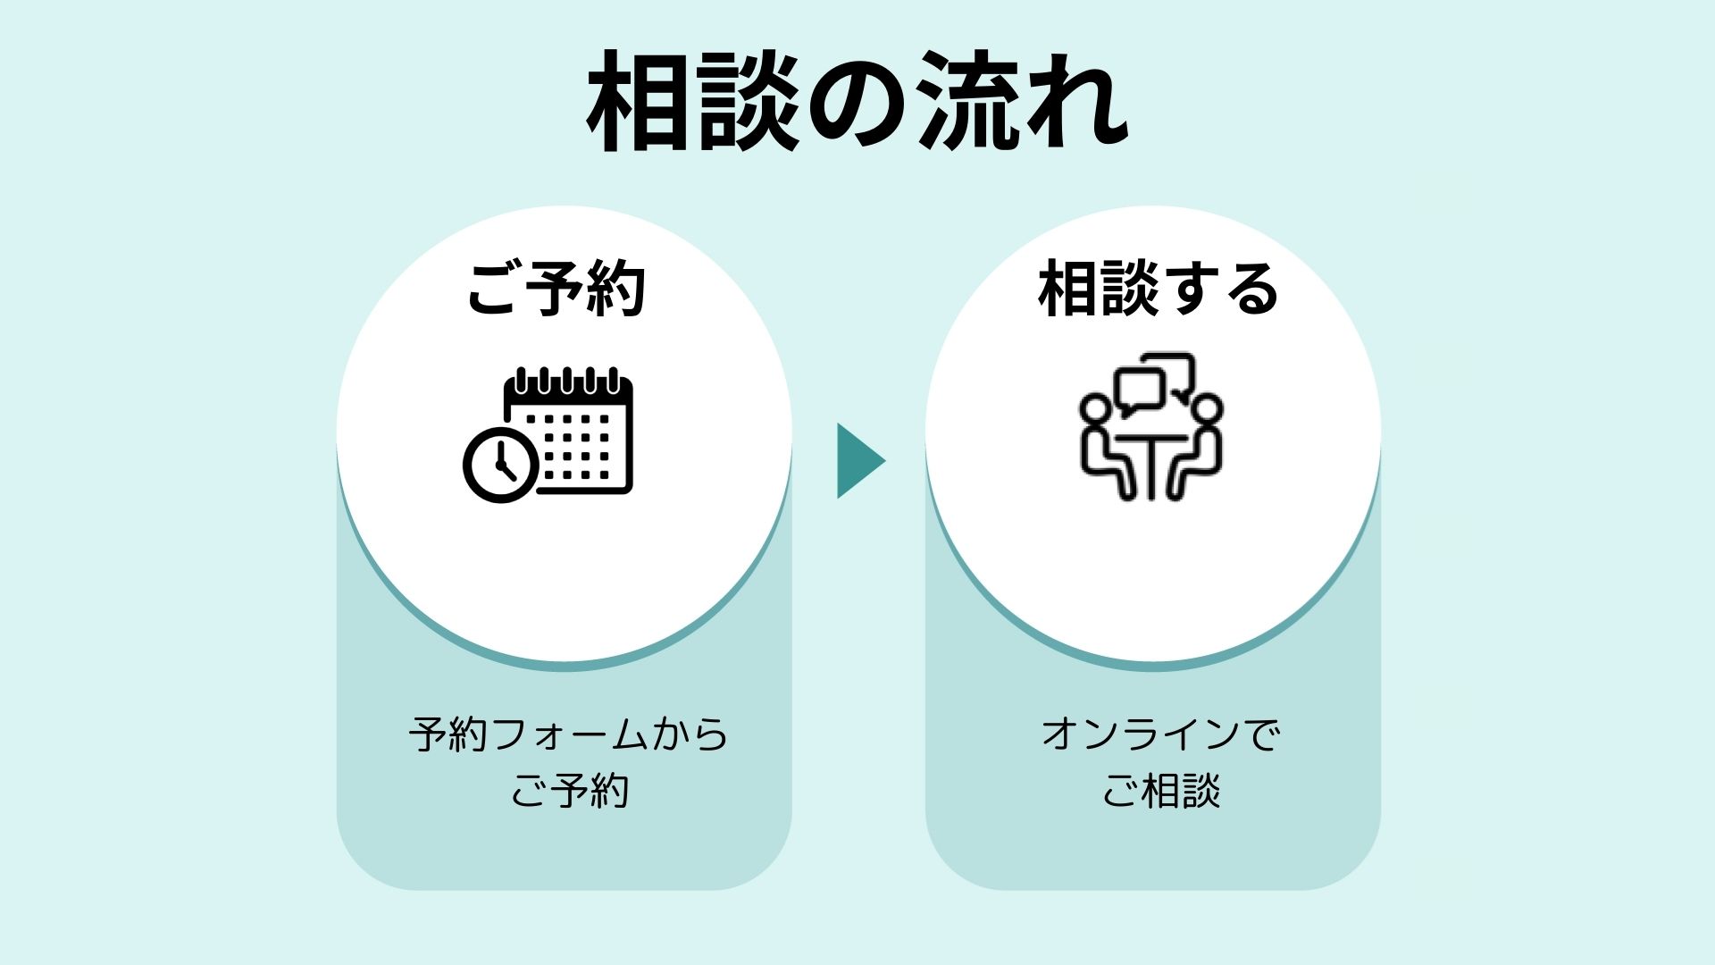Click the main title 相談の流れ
[x=857, y=103]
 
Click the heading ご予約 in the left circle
[x=556, y=289]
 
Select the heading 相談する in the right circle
[x=1159, y=289]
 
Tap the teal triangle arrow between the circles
[x=857, y=461]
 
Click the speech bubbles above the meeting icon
[x=1152, y=384]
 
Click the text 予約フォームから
[x=568, y=735]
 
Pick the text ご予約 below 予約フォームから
[x=569, y=791]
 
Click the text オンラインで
[x=1160, y=735]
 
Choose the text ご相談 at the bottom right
[x=1160, y=791]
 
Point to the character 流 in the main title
[x=969, y=103]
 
